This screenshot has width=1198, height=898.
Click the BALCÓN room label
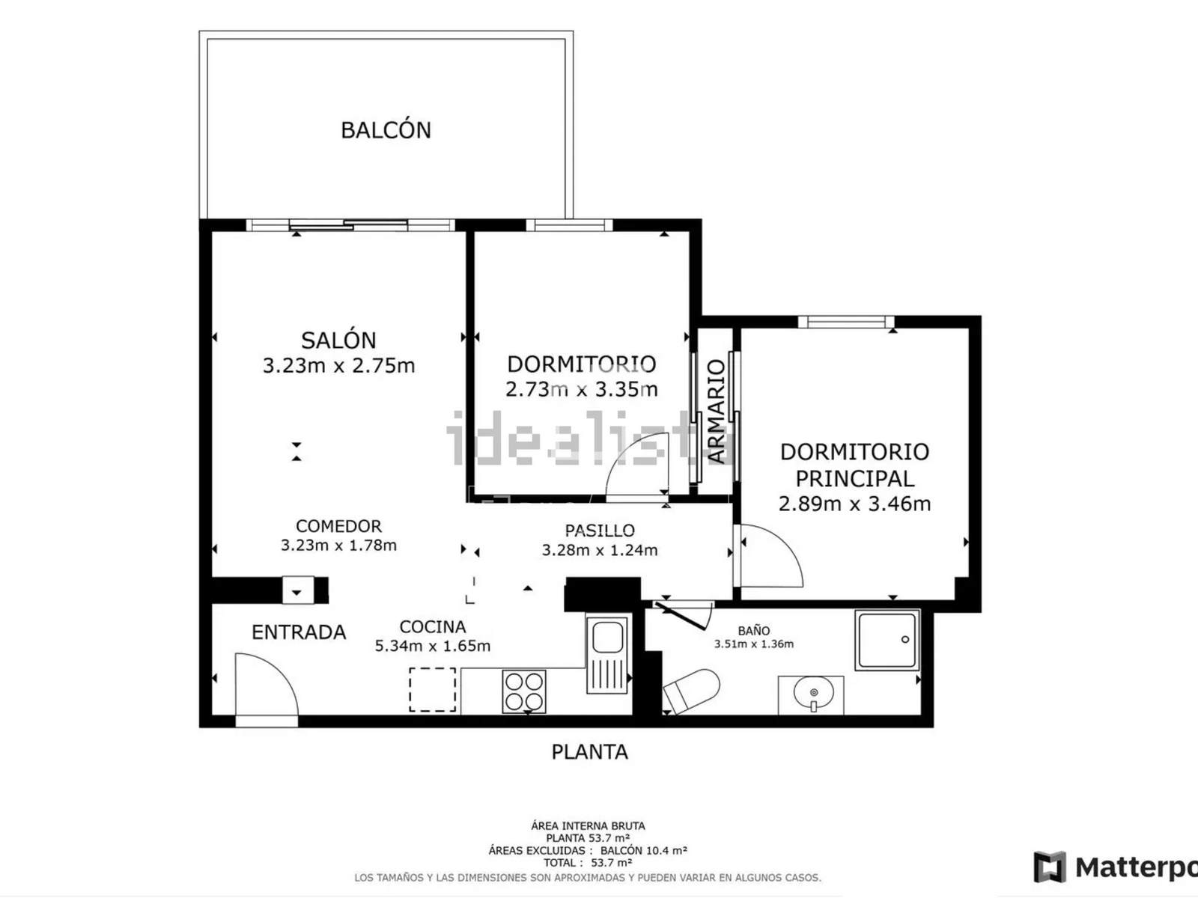(x=386, y=130)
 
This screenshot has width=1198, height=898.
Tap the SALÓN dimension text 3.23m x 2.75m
(x=339, y=365)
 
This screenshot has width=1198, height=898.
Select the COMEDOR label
(x=338, y=525)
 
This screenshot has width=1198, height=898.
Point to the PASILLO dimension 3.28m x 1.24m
(x=599, y=550)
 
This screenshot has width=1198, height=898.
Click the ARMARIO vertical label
(x=716, y=412)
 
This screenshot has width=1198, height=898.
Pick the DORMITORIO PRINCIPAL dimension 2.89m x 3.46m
(x=854, y=503)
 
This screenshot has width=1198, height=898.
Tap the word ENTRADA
(x=299, y=632)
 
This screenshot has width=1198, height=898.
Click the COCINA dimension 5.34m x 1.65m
(x=432, y=646)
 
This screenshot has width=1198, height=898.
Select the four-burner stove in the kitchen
(x=524, y=691)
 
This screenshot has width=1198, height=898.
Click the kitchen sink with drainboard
(x=607, y=654)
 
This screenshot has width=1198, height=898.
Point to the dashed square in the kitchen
(x=433, y=690)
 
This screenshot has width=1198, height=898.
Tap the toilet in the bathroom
(x=692, y=691)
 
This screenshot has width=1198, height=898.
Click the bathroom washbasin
(x=813, y=694)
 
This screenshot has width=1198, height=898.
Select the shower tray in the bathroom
(x=887, y=640)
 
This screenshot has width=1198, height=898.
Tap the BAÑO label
(x=754, y=631)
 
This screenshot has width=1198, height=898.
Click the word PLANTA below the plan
(x=589, y=752)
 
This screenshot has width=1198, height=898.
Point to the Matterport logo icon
(x=1050, y=867)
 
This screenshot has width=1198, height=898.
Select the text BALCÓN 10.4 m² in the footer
(x=643, y=850)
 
